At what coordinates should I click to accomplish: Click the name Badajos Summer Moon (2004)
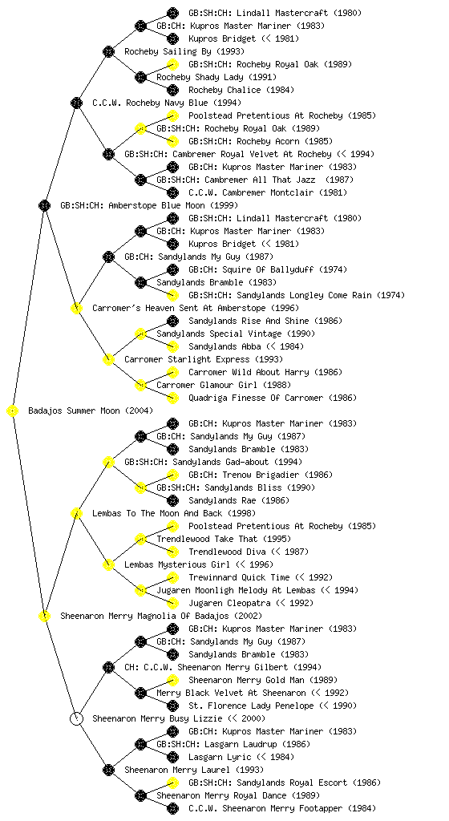[91, 410]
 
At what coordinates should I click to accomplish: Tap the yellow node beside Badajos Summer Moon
[13, 411]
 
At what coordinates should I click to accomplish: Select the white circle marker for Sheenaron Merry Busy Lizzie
[76, 718]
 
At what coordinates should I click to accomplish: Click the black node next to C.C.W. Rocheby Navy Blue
[76, 103]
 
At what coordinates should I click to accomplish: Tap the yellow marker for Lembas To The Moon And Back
[76, 513]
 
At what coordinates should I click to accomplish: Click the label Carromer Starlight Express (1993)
[204, 359]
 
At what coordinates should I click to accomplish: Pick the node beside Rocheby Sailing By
[108, 51]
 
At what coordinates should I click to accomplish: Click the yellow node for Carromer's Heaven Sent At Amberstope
[76, 308]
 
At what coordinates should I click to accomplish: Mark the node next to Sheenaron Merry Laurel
[108, 770]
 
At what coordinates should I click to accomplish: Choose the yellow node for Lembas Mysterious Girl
[108, 564]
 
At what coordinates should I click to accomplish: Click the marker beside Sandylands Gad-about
[108, 462]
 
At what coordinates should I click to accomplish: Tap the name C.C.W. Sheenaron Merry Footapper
[282, 808]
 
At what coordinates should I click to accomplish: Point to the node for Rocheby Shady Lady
[140, 77]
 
